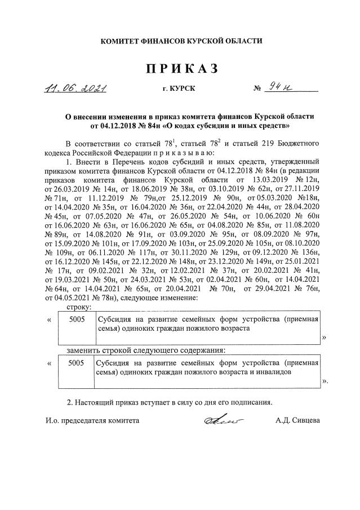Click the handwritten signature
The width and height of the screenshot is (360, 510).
point(221,420)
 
